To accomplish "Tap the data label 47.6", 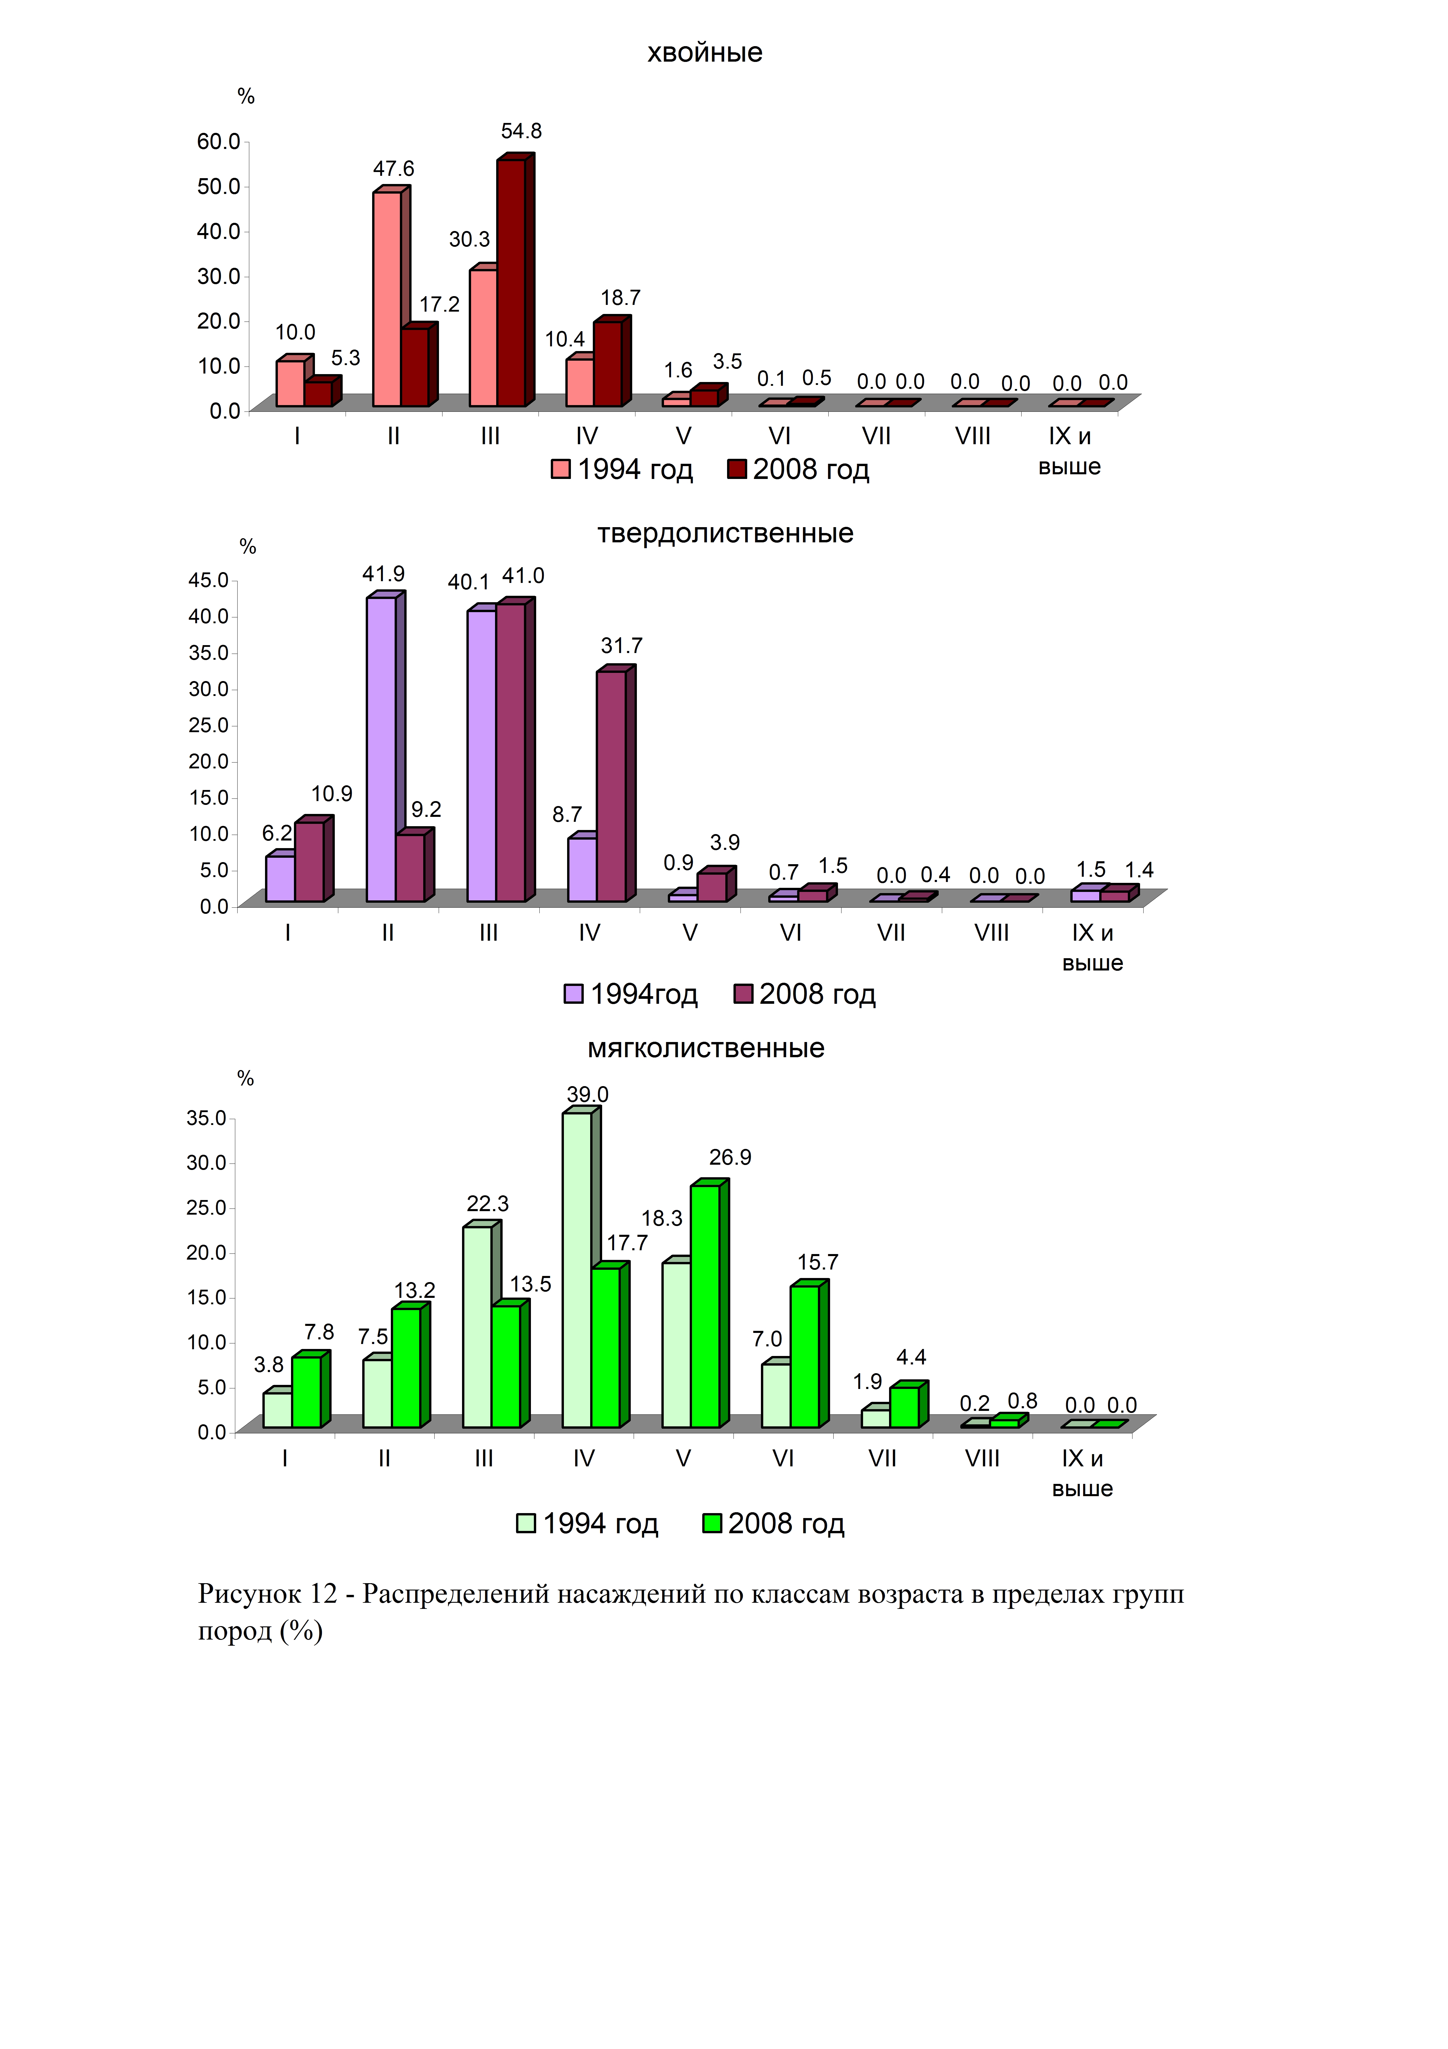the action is (x=393, y=169).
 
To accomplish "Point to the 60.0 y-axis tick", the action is (x=219, y=141).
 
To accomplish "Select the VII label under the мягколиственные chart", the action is (x=882, y=1458).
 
